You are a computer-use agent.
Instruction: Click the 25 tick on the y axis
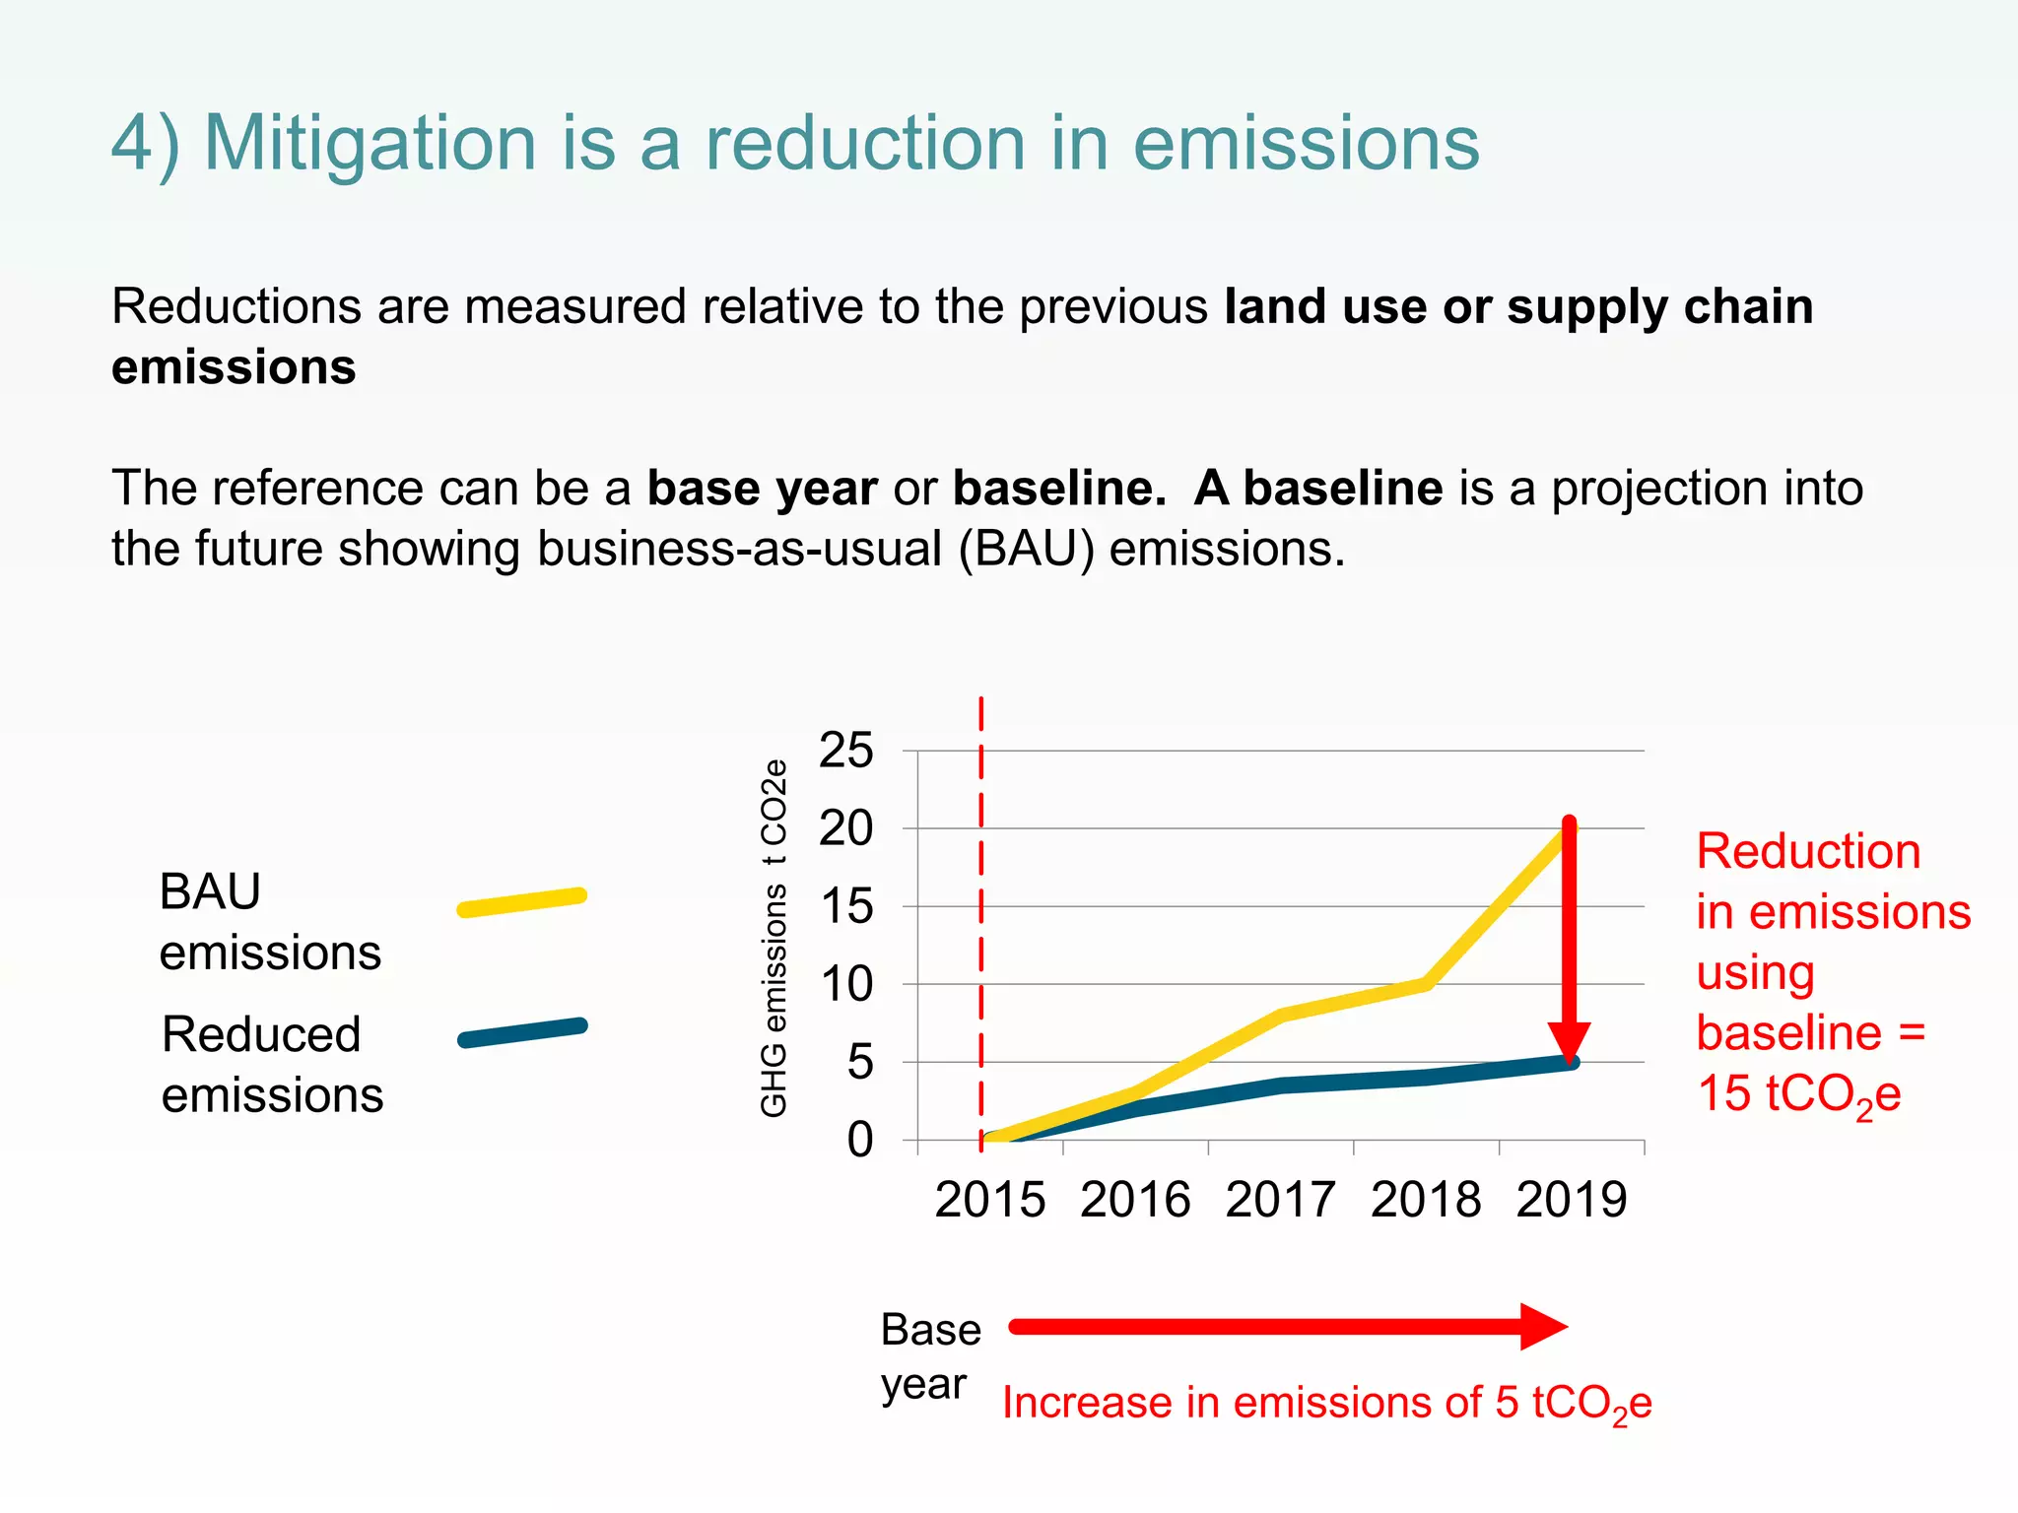845,751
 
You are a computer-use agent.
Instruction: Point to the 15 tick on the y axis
845,906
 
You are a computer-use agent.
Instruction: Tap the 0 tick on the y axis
859,1140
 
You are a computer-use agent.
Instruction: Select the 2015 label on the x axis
989,1200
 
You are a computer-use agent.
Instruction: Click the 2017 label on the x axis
1280,1200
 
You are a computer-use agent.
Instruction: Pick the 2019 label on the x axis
1571,1200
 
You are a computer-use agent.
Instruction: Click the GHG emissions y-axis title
774,938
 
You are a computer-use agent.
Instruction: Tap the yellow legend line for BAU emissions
522,902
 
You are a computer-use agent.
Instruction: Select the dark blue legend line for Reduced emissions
522,1033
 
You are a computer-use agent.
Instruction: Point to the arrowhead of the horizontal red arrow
1541,1327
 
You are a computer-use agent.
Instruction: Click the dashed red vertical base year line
981,887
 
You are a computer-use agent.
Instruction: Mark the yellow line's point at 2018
1426,983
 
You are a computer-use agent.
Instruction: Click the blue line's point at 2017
1281,1085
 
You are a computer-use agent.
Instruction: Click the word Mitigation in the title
370,144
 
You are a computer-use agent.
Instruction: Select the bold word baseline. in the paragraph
1059,488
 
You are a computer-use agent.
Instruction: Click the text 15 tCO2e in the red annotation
1798,1093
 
